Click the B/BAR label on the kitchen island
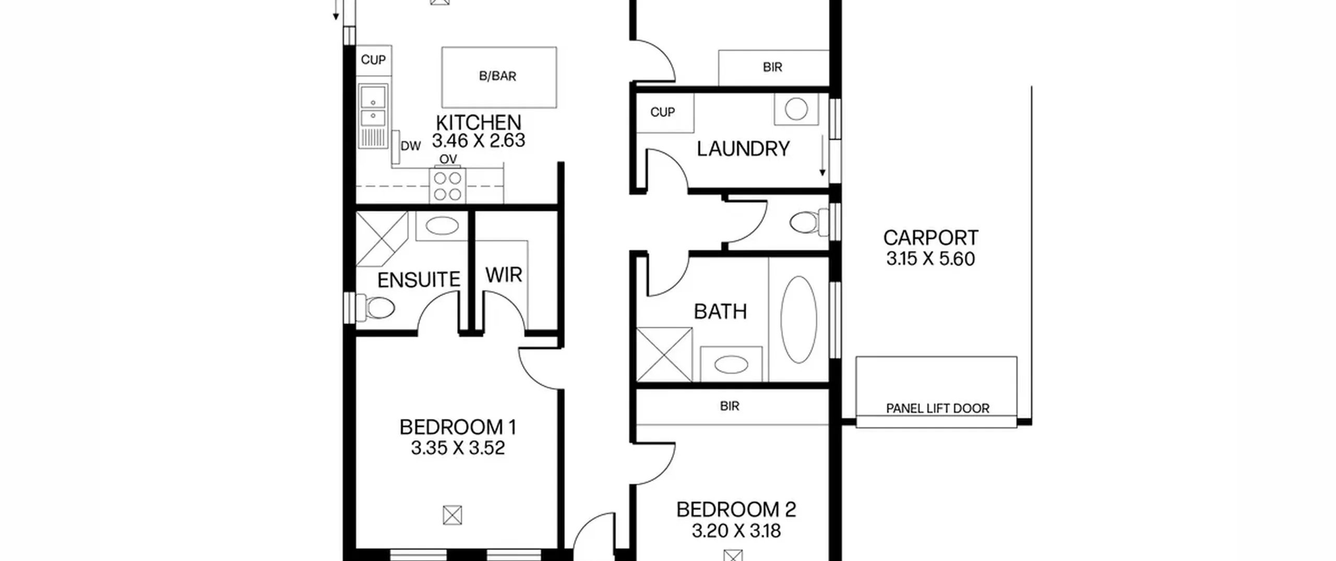click(497, 76)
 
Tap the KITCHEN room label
click(479, 123)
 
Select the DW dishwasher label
click(411, 147)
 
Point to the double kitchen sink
click(373, 116)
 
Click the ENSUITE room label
click(419, 280)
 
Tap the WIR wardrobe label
click(504, 275)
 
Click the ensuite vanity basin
click(442, 226)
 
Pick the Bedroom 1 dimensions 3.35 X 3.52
click(458, 448)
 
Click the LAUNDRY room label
click(743, 149)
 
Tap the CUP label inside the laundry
click(663, 112)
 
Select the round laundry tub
click(796, 110)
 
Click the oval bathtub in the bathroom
click(798, 319)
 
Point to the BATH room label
click(720, 312)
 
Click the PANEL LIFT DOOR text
click(937, 409)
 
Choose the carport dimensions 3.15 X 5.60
click(931, 259)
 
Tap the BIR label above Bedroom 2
click(730, 406)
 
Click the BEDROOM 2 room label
click(736, 510)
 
